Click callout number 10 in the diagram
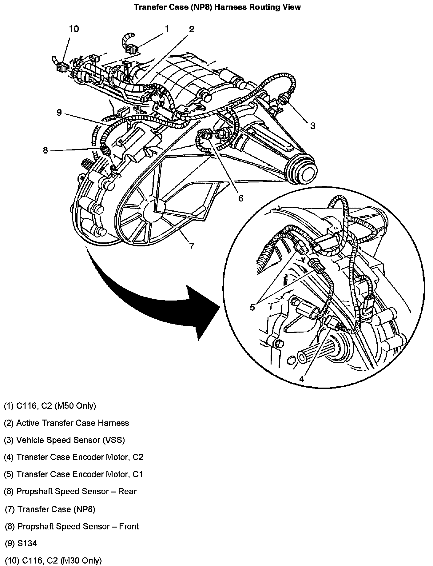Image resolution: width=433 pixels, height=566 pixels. tap(74, 29)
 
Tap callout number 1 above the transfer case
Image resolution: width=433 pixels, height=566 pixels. tap(167, 29)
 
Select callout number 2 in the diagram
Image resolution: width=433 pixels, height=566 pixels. tap(192, 29)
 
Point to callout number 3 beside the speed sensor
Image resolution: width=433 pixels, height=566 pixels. tap(312, 126)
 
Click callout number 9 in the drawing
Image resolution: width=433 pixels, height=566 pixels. tap(59, 113)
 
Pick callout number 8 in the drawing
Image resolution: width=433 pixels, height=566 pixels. tap(46, 150)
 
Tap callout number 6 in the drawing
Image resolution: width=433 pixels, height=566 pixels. tap(240, 198)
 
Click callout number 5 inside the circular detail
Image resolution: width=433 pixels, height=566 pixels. tap(252, 307)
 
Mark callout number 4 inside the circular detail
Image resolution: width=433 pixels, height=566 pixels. tap(301, 379)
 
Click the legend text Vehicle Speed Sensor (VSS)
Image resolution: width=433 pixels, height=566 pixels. tap(70, 440)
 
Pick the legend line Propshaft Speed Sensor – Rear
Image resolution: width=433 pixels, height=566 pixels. tap(76, 491)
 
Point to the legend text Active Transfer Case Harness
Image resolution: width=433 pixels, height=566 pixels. tap(72, 423)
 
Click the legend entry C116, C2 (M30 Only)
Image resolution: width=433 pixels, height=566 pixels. tap(59, 560)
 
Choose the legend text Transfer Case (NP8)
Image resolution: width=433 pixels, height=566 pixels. tap(56, 509)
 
